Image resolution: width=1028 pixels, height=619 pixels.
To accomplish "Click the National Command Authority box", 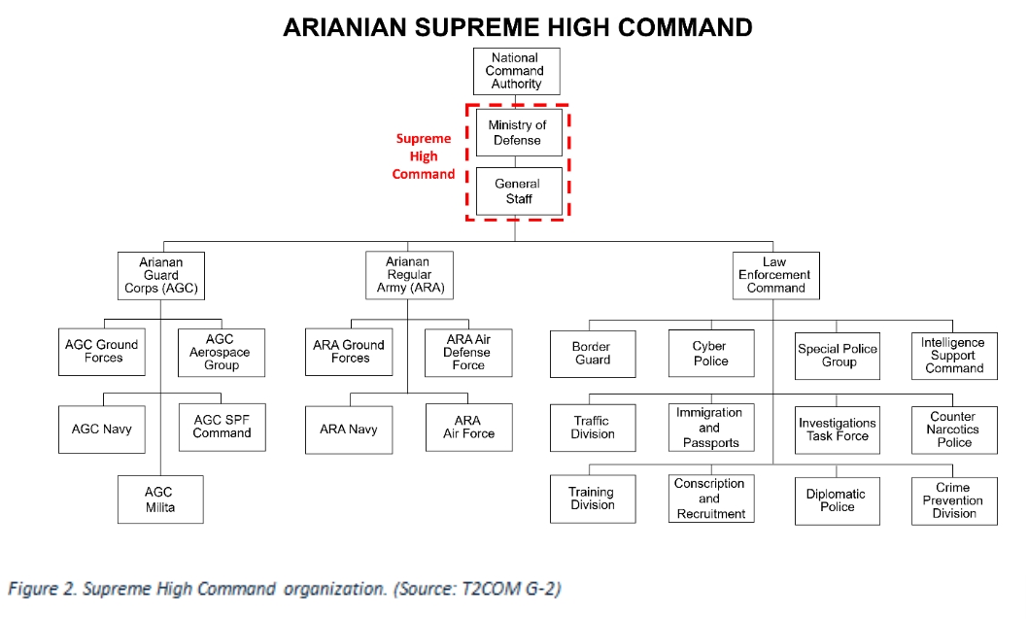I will tap(516, 72).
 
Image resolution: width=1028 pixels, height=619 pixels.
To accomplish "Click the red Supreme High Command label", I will tap(424, 156).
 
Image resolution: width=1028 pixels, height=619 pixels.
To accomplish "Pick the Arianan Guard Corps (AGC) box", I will tap(160, 275).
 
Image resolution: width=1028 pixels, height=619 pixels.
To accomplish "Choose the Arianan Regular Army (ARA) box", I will tap(408, 275).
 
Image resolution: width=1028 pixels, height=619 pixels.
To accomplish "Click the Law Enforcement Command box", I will tap(774, 275).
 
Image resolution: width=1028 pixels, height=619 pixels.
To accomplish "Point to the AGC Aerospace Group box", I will tap(221, 353).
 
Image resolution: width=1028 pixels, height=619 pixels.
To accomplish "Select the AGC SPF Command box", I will tap(222, 427).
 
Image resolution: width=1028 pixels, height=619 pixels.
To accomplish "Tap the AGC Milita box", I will tap(160, 500).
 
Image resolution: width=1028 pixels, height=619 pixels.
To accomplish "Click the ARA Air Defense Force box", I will tap(467, 353).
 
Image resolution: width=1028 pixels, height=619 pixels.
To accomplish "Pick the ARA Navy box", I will tap(349, 429).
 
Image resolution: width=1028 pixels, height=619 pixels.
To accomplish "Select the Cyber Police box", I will tap(709, 354).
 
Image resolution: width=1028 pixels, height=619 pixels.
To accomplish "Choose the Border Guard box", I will tap(591, 354).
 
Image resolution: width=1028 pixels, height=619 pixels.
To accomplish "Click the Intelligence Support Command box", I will tap(953, 355).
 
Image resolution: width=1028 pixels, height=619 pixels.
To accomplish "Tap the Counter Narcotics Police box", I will tap(953, 430).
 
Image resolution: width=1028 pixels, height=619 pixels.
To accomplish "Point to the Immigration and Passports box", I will tap(709, 428).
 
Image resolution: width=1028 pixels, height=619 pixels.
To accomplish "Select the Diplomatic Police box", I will tap(836, 500).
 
